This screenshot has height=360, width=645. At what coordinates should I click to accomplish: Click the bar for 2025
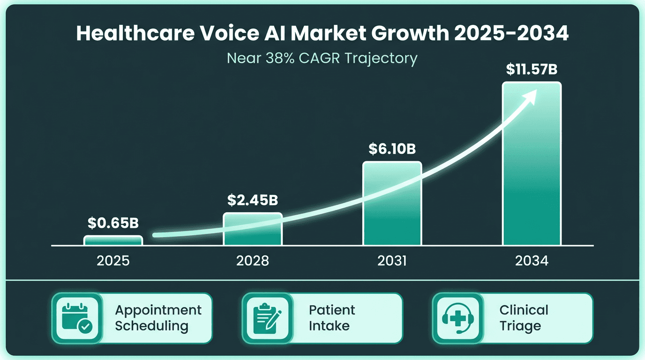tap(113, 240)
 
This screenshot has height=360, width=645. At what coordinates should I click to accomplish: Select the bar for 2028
tap(253, 229)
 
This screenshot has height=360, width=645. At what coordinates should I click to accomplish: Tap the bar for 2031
tap(392, 203)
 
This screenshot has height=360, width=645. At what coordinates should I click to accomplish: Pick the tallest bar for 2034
tap(532, 164)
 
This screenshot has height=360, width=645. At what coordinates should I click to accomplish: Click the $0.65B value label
tap(113, 223)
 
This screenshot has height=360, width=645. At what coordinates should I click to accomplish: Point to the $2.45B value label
tap(253, 200)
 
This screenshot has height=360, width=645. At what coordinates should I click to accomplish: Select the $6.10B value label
tap(392, 149)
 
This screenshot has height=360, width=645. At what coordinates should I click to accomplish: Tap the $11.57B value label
tap(532, 69)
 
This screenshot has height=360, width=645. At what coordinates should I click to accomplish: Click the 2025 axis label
tap(113, 261)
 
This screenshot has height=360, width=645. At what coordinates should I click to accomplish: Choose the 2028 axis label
tap(253, 261)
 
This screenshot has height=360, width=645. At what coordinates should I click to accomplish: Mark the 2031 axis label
tap(392, 261)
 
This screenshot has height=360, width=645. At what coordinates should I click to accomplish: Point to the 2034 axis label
tap(532, 261)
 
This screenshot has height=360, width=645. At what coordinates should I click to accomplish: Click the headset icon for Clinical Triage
tap(457, 318)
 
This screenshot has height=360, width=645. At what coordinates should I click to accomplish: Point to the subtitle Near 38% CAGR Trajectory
tap(322, 58)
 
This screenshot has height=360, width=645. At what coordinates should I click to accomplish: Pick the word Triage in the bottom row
tap(520, 326)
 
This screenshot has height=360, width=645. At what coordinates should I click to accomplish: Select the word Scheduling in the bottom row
tap(151, 326)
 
